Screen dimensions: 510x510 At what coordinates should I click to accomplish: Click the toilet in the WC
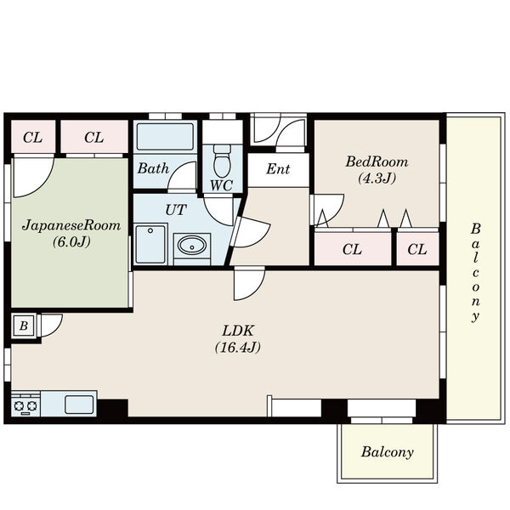[x=222, y=161]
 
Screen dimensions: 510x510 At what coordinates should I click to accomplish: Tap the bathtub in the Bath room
[x=165, y=136]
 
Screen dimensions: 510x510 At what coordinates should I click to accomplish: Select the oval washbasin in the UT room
[x=192, y=246]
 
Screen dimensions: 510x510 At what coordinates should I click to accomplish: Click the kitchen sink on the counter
[x=79, y=405]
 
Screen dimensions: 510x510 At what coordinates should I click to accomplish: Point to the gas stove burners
[x=25, y=405]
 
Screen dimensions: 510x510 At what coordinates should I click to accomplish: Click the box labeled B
[x=24, y=326]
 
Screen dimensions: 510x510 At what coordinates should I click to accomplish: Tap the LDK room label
[x=238, y=331]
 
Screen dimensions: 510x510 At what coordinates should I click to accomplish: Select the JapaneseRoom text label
[x=71, y=225]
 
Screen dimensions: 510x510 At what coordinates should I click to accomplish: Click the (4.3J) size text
[x=377, y=178]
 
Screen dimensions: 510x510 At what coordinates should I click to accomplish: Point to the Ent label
[x=278, y=169]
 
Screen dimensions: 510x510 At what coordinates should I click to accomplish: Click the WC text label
[x=222, y=185]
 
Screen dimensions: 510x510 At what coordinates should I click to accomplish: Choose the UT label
[x=176, y=210]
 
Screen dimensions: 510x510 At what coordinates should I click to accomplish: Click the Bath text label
[x=153, y=168]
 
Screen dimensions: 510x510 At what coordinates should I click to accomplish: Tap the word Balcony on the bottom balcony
[x=388, y=452]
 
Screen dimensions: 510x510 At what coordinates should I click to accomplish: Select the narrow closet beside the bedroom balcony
[x=417, y=249]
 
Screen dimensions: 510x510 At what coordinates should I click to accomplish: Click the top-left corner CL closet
[x=33, y=137]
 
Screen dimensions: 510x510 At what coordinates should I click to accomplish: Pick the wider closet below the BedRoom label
[x=353, y=249]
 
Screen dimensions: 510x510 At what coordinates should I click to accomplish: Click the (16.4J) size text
[x=238, y=348]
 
